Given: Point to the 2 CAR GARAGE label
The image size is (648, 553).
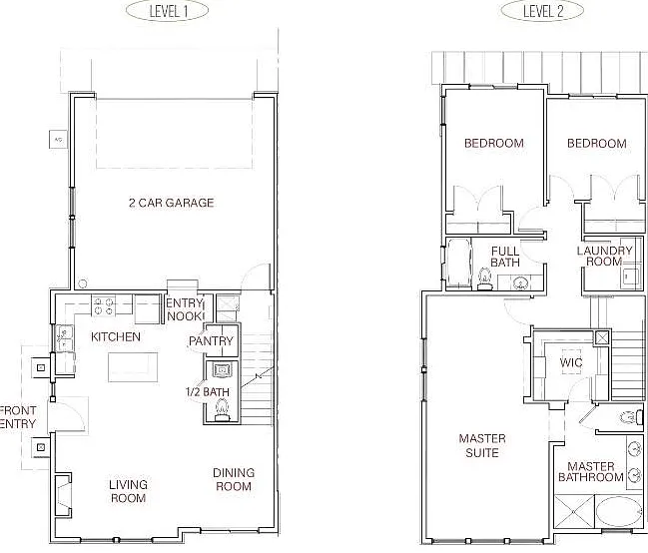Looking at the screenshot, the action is [172, 203].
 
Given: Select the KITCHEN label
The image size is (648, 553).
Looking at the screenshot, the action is [116, 336].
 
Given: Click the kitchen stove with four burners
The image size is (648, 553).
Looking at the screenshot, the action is [104, 306].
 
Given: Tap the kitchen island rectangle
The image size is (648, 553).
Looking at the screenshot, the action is [133, 367].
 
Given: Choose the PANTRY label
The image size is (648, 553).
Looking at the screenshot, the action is [212, 341].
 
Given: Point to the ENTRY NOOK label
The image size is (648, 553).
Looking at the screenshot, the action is [185, 309].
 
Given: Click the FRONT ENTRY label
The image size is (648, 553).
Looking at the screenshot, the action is [18, 417].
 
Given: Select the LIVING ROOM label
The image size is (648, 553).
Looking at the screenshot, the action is [128, 491].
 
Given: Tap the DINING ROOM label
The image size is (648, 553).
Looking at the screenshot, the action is [234, 479].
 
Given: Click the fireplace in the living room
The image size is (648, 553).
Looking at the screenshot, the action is [63, 494].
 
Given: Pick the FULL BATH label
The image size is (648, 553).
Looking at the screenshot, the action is [505, 257].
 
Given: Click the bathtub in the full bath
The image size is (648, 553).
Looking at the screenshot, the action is [458, 263].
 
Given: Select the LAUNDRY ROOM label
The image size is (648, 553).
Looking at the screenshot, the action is [605, 256].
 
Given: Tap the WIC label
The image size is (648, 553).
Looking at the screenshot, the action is [571, 362].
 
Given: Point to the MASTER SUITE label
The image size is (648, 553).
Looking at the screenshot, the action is [482, 445].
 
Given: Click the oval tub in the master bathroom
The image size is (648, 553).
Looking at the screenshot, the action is [618, 512].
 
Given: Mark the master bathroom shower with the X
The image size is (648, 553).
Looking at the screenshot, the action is [573, 512].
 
